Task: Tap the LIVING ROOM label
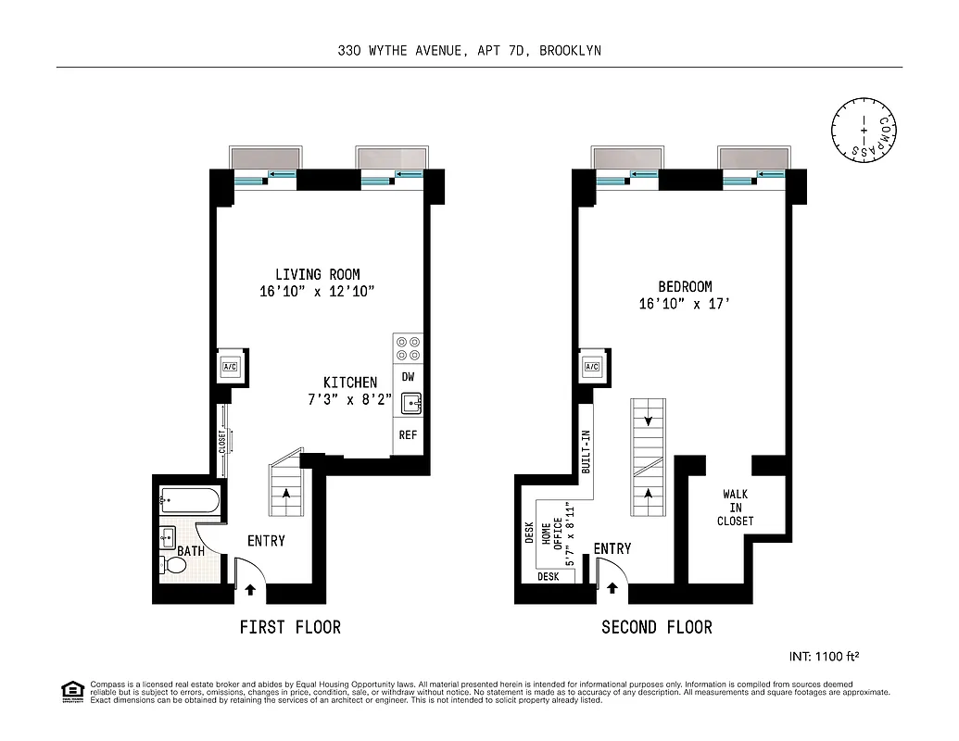[317, 274]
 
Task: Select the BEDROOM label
[685, 287]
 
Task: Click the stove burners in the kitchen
[408, 348]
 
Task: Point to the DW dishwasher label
[408, 377]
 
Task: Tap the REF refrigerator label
[408, 434]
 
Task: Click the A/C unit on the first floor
[230, 367]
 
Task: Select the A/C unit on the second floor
[592, 367]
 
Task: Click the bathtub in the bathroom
[189, 502]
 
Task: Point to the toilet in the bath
[172, 565]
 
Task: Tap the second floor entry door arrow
[612, 587]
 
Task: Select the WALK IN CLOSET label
[736, 508]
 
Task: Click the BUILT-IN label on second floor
[586, 453]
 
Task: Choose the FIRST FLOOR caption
[290, 627]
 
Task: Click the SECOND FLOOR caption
[657, 627]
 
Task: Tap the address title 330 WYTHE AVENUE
[469, 51]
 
